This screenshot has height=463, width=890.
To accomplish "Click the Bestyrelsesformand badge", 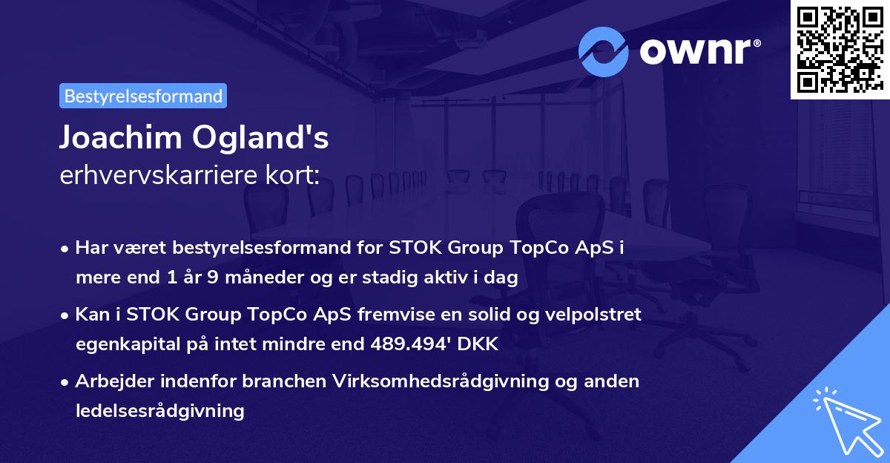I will pos(143,96).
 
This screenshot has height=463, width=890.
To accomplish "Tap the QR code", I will pos(840,49).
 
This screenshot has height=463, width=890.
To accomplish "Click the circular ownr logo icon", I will pos(604,51).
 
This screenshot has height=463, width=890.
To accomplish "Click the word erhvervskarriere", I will pos(154,176).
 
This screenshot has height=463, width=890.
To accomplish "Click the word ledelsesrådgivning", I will pos(159,410).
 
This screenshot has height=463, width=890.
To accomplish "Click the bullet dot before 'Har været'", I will pos(66,249).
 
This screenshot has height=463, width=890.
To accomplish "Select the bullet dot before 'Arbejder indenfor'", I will pos(66,382).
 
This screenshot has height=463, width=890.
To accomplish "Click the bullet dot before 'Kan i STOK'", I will pos(66,315).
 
